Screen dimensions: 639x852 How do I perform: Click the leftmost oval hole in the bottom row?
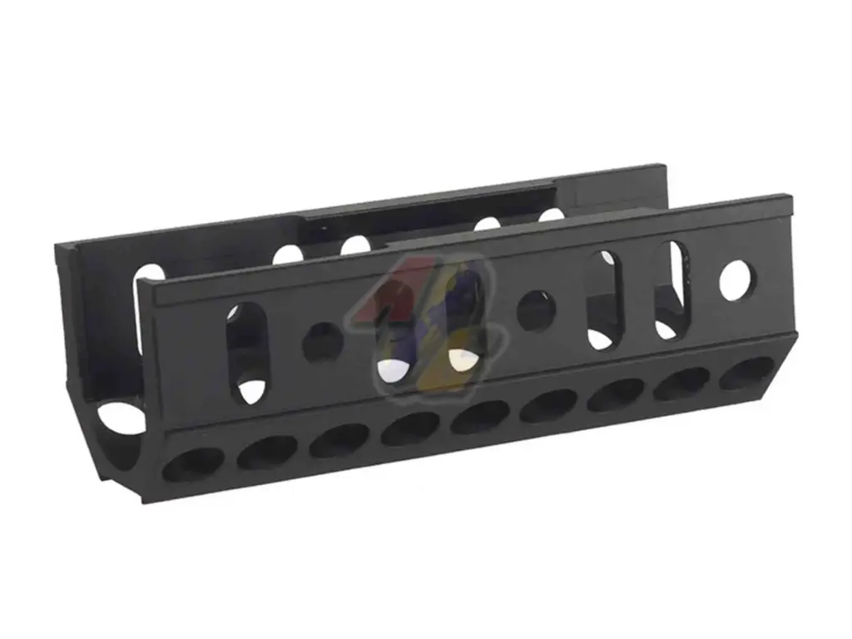(x=193, y=463)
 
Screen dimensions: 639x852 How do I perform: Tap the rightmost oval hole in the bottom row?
(x=746, y=374)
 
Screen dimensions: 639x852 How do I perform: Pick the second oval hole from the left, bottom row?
(x=266, y=452)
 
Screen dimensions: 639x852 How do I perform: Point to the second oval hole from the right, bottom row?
(x=681, y=384)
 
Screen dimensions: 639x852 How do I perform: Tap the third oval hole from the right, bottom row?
(x=615, y=394)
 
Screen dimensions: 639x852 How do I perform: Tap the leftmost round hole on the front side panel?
(x=322, y=342)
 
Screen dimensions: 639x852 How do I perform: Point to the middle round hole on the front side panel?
(x=537, y=311)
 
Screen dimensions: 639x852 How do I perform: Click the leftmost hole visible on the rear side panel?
(x=150, y=279)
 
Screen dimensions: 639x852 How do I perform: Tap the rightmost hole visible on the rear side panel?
(x=552, y=215)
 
